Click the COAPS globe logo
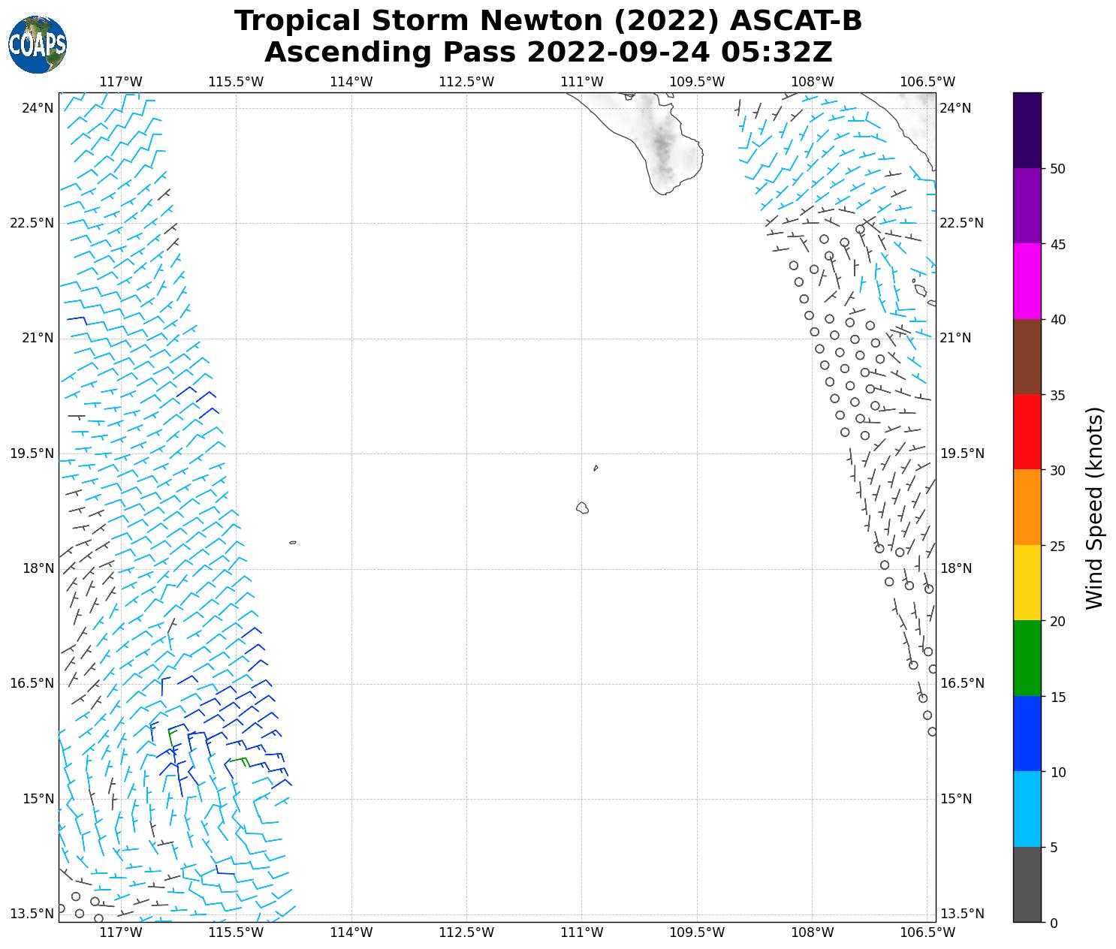pyautogui.click(x=38, y=45)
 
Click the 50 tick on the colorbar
pyautogui.click(x=1057, y=169)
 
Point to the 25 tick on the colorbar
pyautogui.click(x=1057, y=546)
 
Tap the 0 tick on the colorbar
pyautogui.click(x=1054, y=923)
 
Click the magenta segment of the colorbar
pyautogui.click(x=1027, y=281)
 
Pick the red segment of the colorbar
pyautogui.click(x=1027, y=432)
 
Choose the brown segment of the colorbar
pyautogui.click(x=1027, y=357)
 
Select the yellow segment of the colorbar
pyautogui.click(x=1027, y=583)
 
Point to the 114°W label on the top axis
pyautogui.click(x=351, y=82)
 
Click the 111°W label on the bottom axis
pyautogui.click(x=581, y=932)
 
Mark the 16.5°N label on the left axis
pyautogui.click(x=32, y=683)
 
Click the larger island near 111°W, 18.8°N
pyautogui.click(x=582, y=508)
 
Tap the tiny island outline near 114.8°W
pyautogui.click(x=292, y=542)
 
